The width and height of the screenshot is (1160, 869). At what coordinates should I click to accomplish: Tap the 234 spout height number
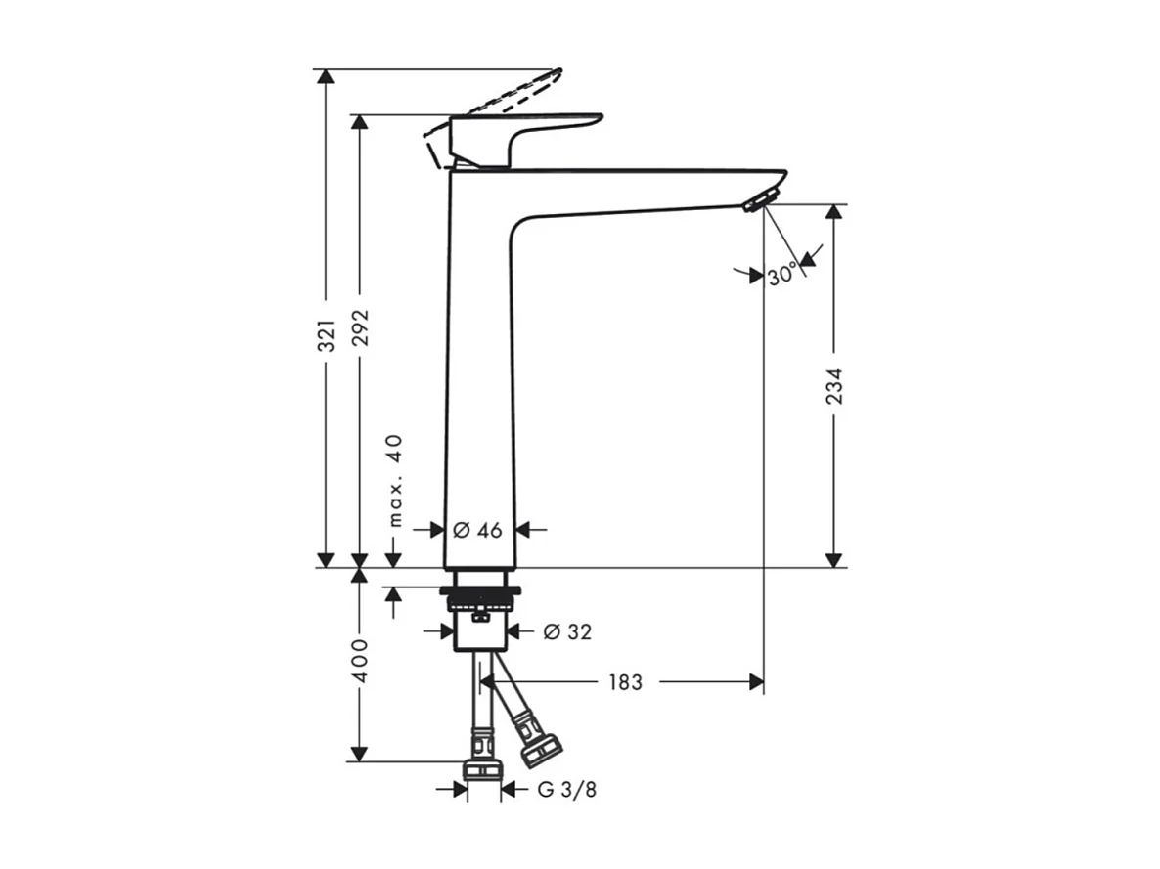click(833, 385)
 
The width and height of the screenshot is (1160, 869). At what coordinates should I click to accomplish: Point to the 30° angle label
click(781, 276)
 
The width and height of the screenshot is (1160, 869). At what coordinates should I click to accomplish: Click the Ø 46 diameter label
click(477, 530)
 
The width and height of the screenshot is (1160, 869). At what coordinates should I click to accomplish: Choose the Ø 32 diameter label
click(567, 632)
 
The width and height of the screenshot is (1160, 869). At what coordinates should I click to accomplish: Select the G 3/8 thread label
click(566, 790)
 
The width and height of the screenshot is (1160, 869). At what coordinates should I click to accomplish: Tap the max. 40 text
click(394, 481)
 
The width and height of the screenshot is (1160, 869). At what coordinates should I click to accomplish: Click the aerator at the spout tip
click(756, 202)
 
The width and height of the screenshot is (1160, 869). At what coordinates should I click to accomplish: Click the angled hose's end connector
click(540, 750)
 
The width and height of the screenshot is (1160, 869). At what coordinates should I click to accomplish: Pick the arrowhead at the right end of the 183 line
click(756, 682)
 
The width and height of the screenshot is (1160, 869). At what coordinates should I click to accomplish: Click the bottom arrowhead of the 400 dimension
click(360, 753)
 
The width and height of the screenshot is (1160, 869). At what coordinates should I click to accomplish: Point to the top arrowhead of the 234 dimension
click(833, 213)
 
